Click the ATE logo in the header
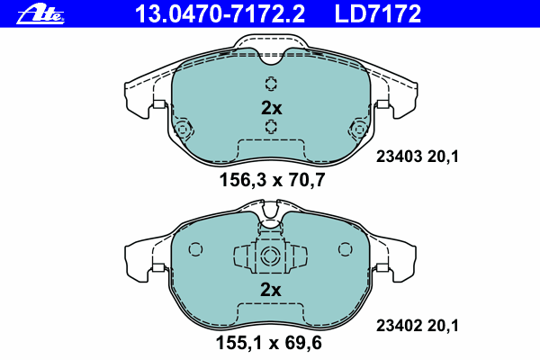pos(40,14)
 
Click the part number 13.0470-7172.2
pos(220,13)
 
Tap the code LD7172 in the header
pos(378,13)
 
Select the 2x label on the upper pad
pos(272,108)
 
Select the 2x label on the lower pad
pos(271,290)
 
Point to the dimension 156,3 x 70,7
pos(272,180)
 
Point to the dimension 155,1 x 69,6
pos(268,343)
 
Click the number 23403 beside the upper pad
pos(399,157)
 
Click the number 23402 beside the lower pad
pos(399,326)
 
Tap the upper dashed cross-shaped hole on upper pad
pos(272,84)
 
